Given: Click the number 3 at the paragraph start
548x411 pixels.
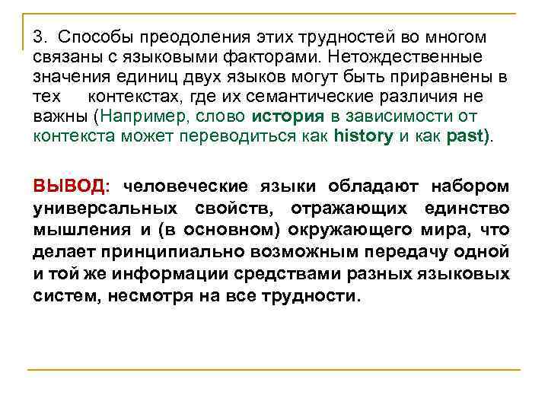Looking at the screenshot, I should click(x=38, y=37).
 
